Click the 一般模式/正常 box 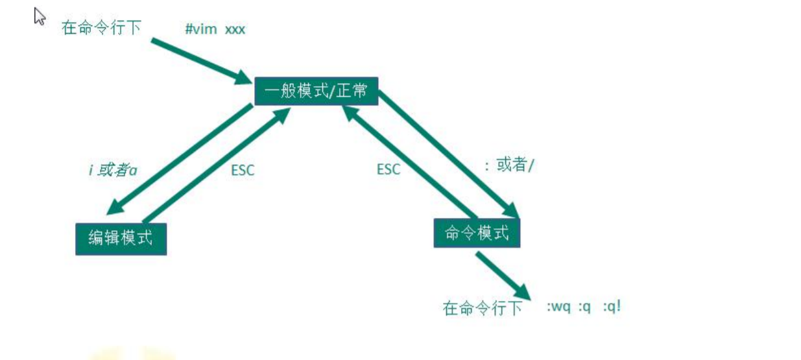click(x=316, y=91)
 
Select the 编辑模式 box click(x=121, y=238)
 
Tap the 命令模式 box click(x=477, y=233)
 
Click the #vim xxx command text click(x=215, y=29)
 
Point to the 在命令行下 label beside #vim click(x=101, y=28)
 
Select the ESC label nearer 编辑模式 click(x=243, y=171)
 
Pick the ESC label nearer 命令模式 click(x=389, y=169)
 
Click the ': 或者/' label click(x=509, y=165)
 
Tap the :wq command click(x=558, y=306)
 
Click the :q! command click(x=612, y=306)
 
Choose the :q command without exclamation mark click(x=585, y=306)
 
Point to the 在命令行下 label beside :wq click(x=482, y=307)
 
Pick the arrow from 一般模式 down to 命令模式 click(x=448, y=153)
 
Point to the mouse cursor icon click(x=40, y=16)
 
